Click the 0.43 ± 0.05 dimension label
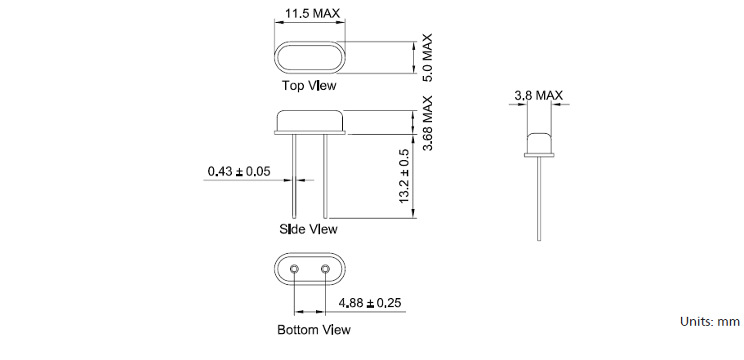coord(238,171)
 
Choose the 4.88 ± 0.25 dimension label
coord(371,304)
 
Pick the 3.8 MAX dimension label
coord(538,96)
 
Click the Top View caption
coord(309,85)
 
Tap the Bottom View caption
coord(314,330)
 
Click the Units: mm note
coord(709,322)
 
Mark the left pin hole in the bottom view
coord(295,269)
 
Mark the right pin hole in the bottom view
coord(325,269)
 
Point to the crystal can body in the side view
coord(310,122)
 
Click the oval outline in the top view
coord(310,57)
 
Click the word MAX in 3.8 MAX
coord(550,96)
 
